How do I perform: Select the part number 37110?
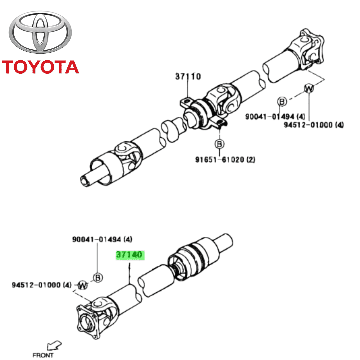(188, 77)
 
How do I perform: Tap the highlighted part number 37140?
(130, 255)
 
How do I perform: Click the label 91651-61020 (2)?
(225, 160)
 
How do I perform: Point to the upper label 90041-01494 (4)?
(275, 117)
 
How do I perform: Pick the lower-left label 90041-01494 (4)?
(102, 239)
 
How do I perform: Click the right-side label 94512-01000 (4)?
(314, 125)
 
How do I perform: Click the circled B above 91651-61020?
(219, 144)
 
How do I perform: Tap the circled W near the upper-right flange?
(309, 88)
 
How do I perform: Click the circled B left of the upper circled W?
(282, 101)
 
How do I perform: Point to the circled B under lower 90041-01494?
(97, 277)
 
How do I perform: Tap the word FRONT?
(43, 355)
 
